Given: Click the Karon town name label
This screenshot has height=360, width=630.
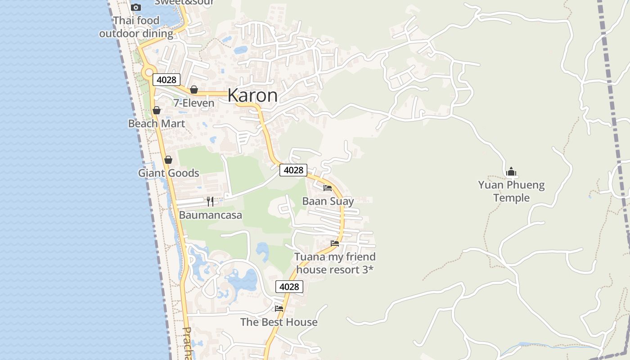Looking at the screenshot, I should [252, 95].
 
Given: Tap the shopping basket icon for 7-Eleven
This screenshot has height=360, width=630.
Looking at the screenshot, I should [194, 90].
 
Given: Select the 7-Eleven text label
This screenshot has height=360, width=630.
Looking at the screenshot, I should [194, 103].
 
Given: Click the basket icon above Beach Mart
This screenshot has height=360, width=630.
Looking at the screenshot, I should [157, 110].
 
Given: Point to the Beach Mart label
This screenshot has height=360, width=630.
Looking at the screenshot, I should [157, 123].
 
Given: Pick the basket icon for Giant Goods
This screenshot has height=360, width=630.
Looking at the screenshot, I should [168, 160].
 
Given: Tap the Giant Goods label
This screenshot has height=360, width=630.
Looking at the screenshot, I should [168, 173].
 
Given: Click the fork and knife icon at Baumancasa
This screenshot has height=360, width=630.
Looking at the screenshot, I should [210, 201].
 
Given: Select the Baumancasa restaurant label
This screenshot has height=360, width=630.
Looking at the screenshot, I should [210, 215].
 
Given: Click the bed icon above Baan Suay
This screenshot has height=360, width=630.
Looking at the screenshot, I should [328, 188].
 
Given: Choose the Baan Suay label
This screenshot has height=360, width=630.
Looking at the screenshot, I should [328, 201].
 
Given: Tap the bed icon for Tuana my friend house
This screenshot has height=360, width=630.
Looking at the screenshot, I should [335, 243].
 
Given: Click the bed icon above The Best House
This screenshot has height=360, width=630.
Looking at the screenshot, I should [279, 309].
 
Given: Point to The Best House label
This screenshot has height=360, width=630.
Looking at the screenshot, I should [279, 322].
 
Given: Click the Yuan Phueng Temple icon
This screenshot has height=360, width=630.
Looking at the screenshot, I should [511, 171].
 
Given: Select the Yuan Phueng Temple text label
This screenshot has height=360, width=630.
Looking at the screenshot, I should [511, 191].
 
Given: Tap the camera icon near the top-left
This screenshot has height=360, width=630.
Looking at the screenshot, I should [136, 7].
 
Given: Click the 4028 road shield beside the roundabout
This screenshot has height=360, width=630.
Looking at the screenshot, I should [166, 80].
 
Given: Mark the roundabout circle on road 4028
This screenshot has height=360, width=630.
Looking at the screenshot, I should [148, 72].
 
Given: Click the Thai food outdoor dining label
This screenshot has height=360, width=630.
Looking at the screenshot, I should [136, 27].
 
